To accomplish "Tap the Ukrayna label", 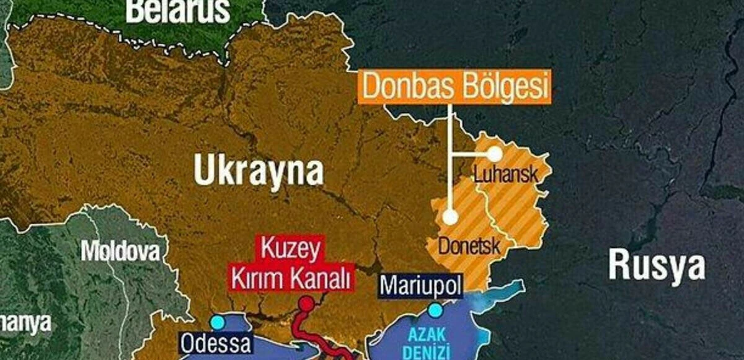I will point(259,169).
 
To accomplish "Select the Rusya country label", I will point(657,265).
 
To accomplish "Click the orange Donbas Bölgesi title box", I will point(454,87).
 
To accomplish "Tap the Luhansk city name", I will point(506,174).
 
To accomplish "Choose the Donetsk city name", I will point(469,246).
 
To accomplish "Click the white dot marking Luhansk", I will point(494,152).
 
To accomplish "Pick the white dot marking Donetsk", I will point(451,216).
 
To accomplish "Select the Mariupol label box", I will point(421,286).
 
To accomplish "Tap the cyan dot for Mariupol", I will point(436,310).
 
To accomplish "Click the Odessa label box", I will point(216,343).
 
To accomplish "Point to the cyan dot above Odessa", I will point(217,322).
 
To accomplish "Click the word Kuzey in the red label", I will point(290,251).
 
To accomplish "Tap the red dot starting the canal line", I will point(306,304).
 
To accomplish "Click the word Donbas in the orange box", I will point(402,87).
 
